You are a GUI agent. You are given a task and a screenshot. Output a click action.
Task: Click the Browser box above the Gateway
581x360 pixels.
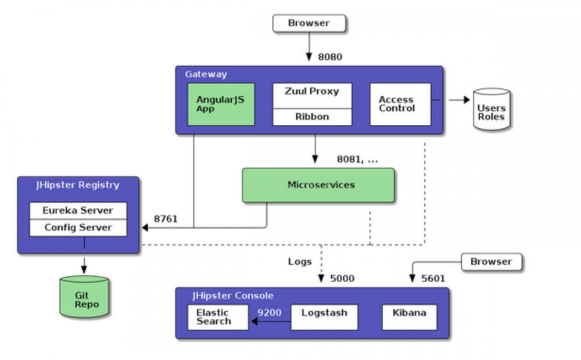[309, 24]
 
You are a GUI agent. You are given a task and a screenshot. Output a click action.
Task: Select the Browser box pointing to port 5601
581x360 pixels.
[491, 262]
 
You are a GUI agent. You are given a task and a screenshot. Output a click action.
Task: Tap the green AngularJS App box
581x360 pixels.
[221, 104]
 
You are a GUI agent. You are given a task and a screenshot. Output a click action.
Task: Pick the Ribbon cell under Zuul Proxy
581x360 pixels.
[312, 117]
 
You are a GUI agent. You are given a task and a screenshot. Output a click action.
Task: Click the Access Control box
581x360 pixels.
[400, 104]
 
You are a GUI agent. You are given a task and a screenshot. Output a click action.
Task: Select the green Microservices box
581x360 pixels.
[318, 185]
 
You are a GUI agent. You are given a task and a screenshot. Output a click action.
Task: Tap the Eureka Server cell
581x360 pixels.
[78, 210]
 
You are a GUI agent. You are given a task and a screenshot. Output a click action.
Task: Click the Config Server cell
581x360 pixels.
[78, 228]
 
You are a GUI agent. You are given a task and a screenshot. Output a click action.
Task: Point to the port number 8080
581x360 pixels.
[330, 57]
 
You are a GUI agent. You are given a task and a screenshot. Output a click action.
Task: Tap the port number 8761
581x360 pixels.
[166, 219]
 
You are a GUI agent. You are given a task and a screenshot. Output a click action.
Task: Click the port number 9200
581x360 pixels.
[270, 313]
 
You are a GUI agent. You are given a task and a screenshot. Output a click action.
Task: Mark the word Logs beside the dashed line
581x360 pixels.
[300, 261]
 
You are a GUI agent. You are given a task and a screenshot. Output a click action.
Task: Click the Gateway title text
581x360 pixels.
[206, 74]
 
